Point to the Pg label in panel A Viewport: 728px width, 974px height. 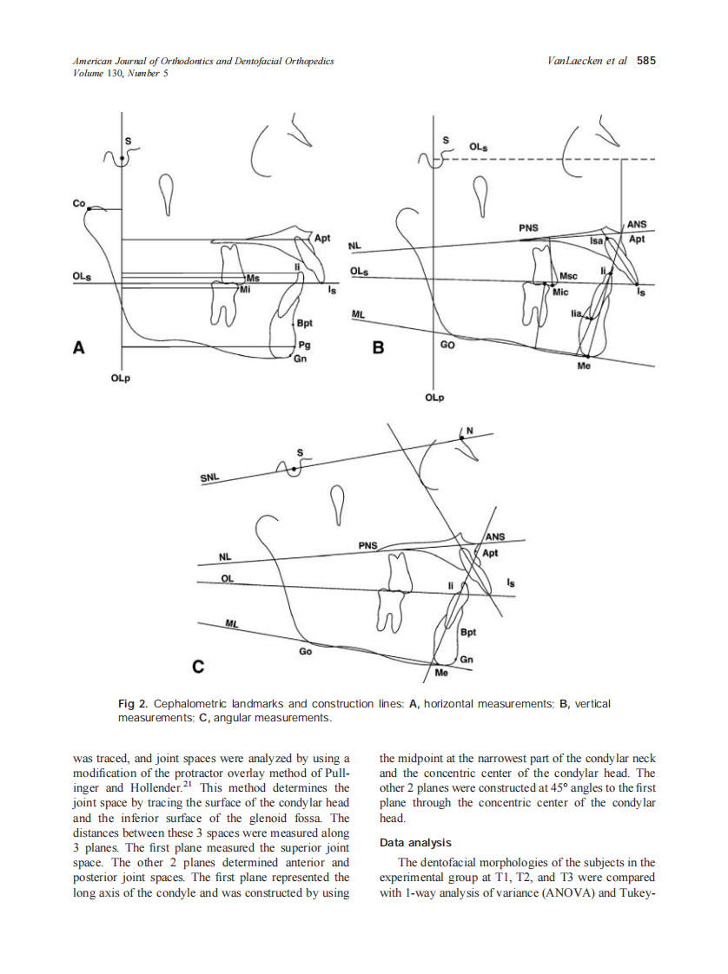click(302, 345)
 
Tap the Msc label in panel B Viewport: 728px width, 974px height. click(568, 276)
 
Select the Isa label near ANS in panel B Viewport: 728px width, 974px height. click(596, 240)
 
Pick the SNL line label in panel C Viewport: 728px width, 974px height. click(209, 477)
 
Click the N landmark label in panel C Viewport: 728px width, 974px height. click(470, 431)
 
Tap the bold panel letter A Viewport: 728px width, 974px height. click(79, 348)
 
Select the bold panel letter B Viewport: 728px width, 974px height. click(377, 348)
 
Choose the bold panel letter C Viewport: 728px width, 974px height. click(198, 667)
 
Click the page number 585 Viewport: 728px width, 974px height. click(645, 61)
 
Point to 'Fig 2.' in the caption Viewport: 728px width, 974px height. click(133, 703)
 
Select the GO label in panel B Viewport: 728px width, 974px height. click(447, 344)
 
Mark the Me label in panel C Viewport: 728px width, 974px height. click(440, 673)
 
